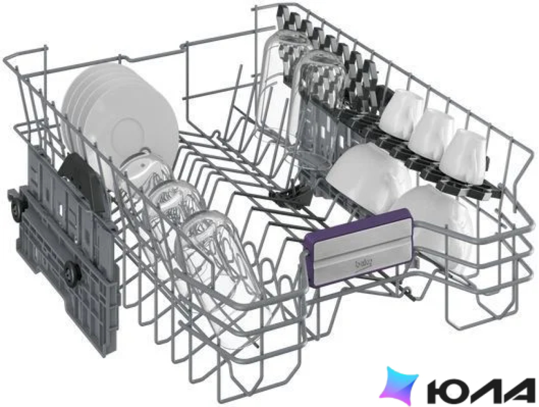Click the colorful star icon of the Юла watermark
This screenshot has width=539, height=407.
pos(399,385)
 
